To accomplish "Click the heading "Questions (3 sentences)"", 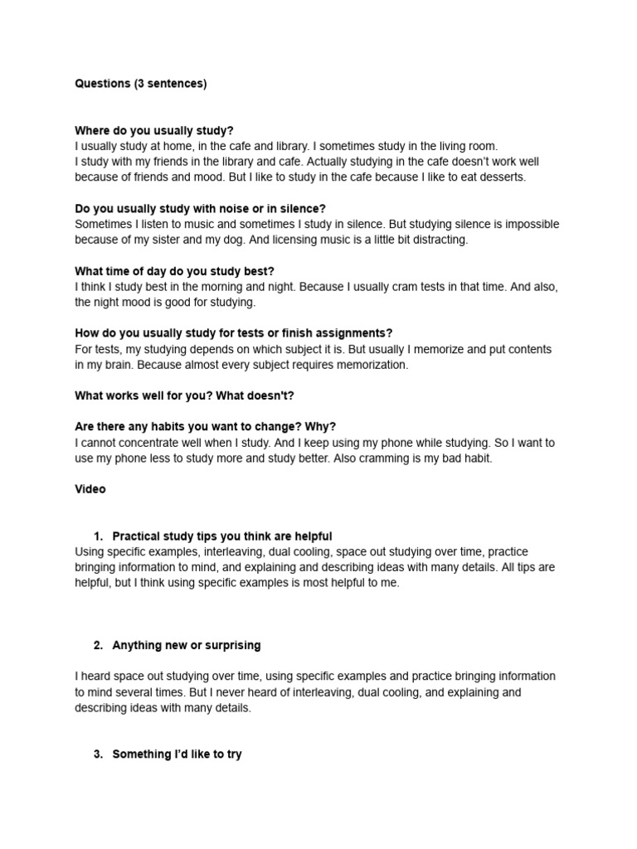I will pyautogui.click(x=140, y=84).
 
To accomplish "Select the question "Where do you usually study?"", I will pyautogui.click(x=154, y=130).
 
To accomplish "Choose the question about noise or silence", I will pyautogui.click(x=200, y=208).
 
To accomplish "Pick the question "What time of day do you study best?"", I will pyautogui.click(x=174, y=271).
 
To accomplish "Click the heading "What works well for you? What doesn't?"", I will pyautogui.click(x=184, y=395).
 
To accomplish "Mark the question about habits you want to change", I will pyautogui.click(x=205, y=427).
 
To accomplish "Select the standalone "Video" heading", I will pyautogui.click(x=90, y=489).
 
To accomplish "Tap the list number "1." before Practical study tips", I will pyautogui.click(x=98, y=536).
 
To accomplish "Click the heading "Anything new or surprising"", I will pyautogui.click(x=186, y=645).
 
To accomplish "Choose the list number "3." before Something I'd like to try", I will pyautogui.click(x=98, y=754).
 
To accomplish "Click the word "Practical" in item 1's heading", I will pyautogui.click(x=137, y=536).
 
